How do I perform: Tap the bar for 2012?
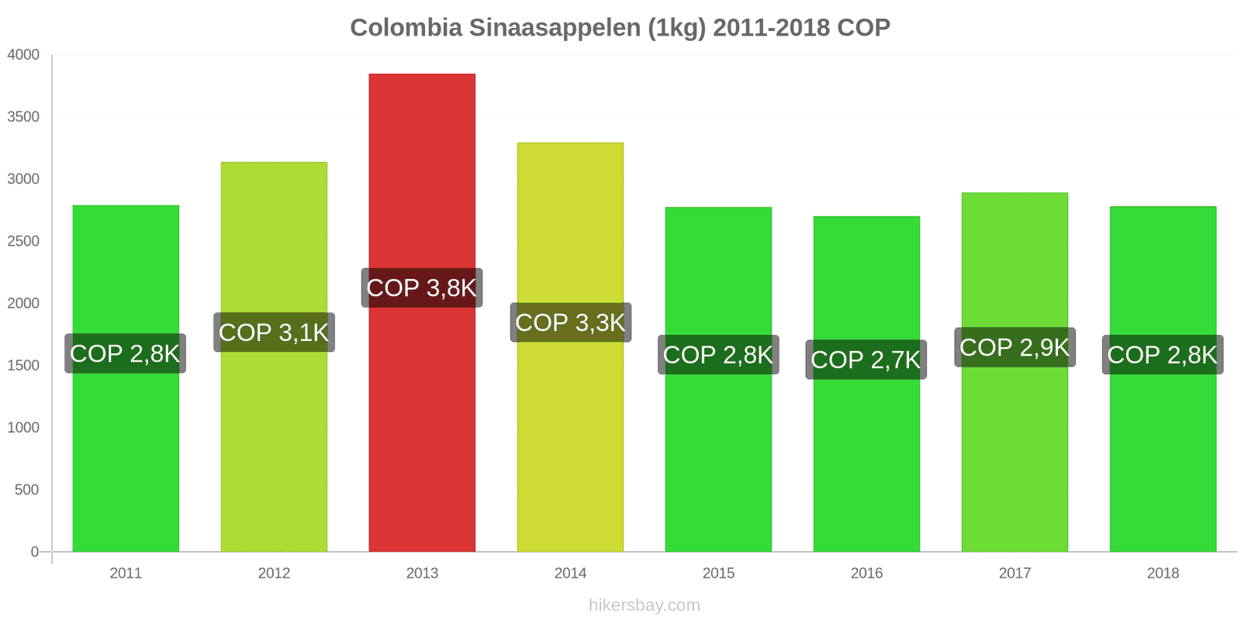[274, 449]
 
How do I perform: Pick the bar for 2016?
[866, 465]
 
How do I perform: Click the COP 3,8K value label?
[422, 288]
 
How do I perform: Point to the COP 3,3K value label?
[570, 322]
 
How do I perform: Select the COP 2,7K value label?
[866, 360]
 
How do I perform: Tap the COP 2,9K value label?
[1015, 347]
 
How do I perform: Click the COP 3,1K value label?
[274, 332]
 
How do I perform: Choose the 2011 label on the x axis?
[126, 573]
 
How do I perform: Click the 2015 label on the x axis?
[718, 573]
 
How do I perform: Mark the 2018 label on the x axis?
[1163, 573]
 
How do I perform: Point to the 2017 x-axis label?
[1015, 573]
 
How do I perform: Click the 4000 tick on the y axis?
[23, 55]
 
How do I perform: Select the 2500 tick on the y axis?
[23, 241]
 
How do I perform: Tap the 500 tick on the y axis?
[26, 490]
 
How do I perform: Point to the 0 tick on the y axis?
[34, 552]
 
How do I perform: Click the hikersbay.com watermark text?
[644, 605]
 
